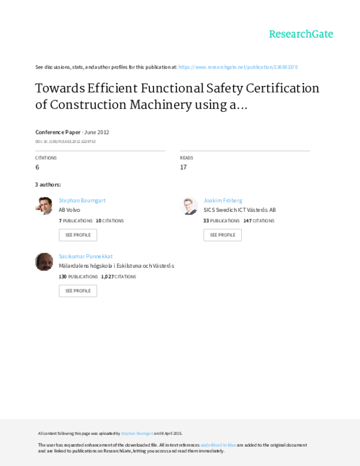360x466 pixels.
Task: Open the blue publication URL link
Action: (x=238, y=67)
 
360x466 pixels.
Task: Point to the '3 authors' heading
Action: (x=48, y=184)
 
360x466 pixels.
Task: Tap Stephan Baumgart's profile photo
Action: (x=44, y=206)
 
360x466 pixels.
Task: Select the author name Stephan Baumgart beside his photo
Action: (x=82, y=201)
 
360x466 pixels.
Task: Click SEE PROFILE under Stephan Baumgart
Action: (x=77, y=235)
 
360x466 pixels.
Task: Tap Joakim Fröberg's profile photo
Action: (x=189, y=206)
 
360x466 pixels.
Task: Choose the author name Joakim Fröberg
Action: (x=223, y=201)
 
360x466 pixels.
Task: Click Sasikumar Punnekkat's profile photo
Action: (x=44, y=262)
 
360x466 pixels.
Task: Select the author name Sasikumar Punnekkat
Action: (x=86, y=256)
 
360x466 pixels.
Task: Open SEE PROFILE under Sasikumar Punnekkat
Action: (x=77, y=291)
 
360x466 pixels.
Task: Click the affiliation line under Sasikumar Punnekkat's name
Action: (x=116, y=265)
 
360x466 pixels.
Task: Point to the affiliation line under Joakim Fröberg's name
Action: (x=239, y=210)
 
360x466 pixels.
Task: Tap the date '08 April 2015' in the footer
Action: (x=170, y=433)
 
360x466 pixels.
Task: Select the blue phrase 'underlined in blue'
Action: (x=218, y=445)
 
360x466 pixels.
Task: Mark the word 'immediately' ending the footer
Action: (x=212, y=450)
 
